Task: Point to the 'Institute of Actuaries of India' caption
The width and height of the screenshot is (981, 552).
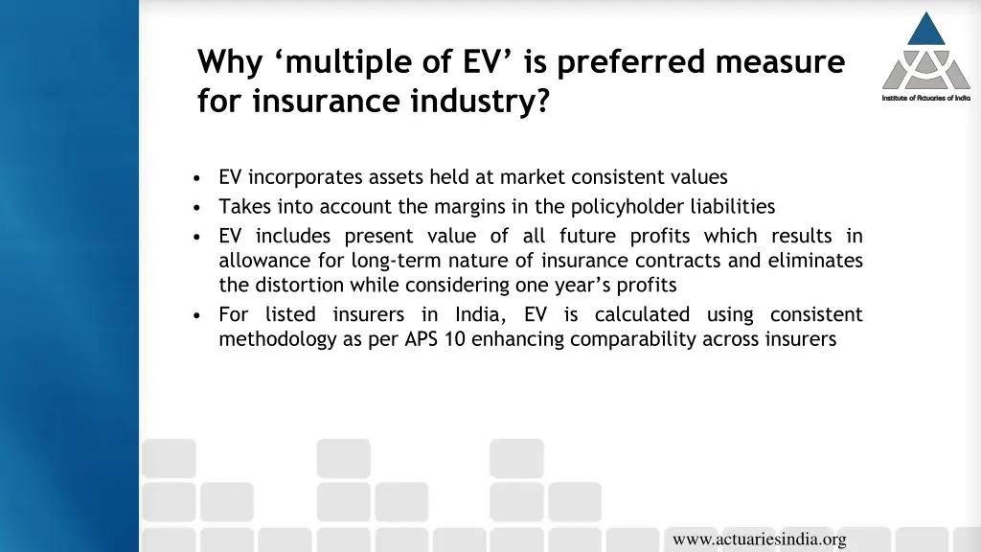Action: [925, 99]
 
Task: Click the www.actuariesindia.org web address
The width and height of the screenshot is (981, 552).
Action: [759, 540]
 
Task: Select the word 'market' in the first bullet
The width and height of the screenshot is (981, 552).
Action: [532, 177]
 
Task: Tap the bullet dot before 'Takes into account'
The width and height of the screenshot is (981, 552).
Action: [196, 207]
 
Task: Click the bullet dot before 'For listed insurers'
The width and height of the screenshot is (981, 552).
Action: [196, 315]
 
